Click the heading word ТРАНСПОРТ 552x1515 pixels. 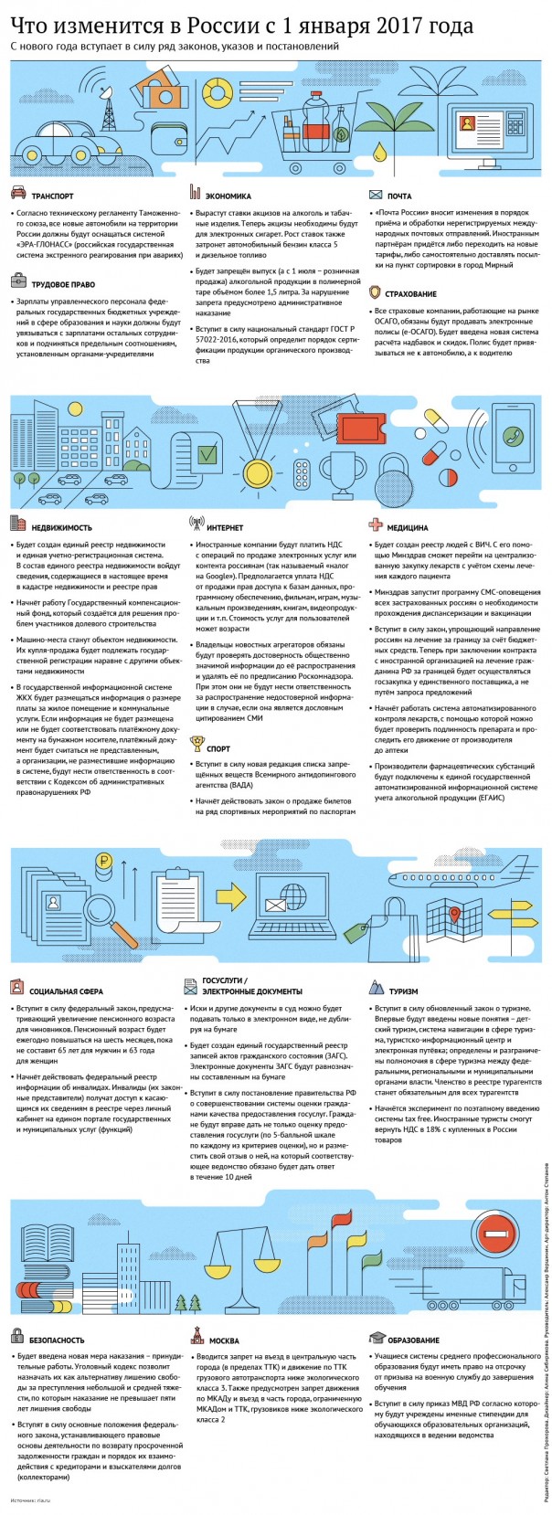coord(52,196)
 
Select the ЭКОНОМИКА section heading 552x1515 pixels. coord(228,196)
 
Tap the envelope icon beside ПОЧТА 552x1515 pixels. coord(376,195)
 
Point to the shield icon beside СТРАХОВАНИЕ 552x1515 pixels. coord(376,292)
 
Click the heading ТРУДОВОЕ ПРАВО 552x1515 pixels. coord(63,284)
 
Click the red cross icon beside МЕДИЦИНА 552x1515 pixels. coord(376,525)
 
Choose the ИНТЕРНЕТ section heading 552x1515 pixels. coord(225,527)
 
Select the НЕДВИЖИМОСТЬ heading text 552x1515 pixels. coord(61,527)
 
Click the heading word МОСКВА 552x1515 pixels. coord(224,1340)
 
